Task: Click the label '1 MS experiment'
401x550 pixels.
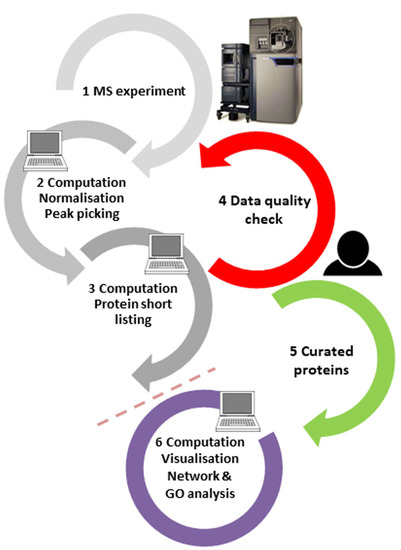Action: tap(135, 93)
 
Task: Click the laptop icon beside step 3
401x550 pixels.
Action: tap(161, 246)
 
